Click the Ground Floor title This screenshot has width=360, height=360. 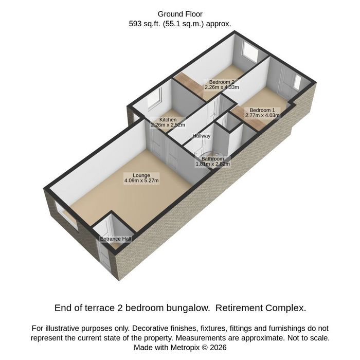tap(180, 14)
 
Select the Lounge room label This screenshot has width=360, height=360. tap(141, 175)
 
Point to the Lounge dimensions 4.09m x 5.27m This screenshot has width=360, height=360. tap(141, 181)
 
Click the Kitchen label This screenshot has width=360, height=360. tap(168, 120)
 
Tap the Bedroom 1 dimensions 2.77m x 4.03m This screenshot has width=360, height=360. tap(262, 115)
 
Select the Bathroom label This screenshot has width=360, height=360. tap(212, 158)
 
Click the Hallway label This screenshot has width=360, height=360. tap(202, 136)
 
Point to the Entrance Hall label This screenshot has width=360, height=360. tap(116, 239)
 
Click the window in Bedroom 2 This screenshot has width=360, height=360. tap(250, 52)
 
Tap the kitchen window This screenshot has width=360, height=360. tap(154, 99)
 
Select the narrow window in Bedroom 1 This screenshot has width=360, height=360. tap(297, 82)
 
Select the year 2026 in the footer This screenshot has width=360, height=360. tap(218, 347)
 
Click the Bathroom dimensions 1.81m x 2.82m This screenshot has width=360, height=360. tap(212, 164)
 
